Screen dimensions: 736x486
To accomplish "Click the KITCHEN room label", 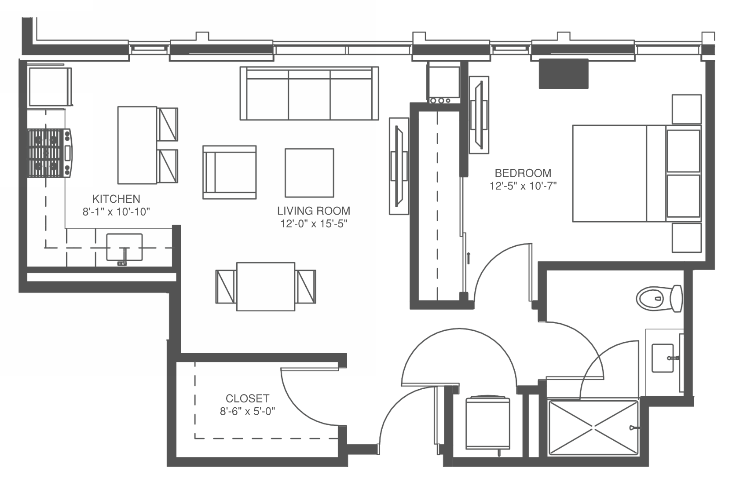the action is tap(116, 199).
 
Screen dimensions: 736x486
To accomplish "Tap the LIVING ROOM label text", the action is tap(314, 211).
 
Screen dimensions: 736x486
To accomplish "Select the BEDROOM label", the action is tap(523, 173).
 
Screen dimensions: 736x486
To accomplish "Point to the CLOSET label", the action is tap(247, 398).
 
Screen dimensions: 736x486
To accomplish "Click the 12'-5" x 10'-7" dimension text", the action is tap(523, 186).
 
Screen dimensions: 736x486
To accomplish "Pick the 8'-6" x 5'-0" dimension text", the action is tap(247, 411).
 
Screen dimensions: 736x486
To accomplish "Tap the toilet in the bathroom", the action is tap(659, 299).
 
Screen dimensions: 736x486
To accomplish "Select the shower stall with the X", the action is tap(593, 428).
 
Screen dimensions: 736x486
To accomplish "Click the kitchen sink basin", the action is tap(124, 247).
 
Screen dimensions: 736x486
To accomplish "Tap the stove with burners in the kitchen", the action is tap(50, 153).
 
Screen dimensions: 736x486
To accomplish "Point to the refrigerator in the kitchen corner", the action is tap(50, 87).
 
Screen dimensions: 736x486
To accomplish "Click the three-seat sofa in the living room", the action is tap(309, 93).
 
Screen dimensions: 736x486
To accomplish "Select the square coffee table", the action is tap(310, 173).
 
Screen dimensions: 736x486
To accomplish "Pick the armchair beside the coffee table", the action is tap(229, 172).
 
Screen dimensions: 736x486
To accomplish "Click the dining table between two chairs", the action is tap(266, 286).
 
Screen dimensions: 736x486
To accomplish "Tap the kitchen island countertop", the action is tap(137, 145).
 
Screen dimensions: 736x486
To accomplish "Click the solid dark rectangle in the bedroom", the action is tap(564, 74).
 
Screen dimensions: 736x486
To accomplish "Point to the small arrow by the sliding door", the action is tap(469, 258).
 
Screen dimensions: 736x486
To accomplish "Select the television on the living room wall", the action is tap(399, 166).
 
